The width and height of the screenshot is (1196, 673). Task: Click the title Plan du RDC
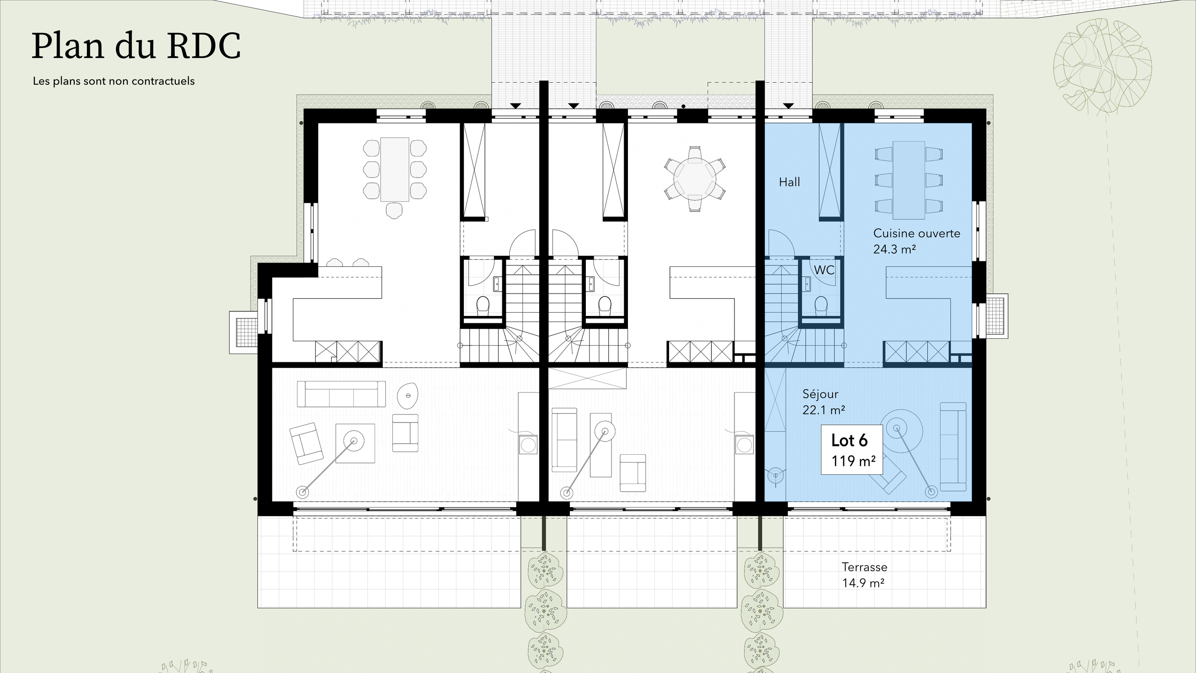(136, 47)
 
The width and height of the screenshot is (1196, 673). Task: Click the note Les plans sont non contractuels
(114, 81)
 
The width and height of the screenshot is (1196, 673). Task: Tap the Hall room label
(789, 182)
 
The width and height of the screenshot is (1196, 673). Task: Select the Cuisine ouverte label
(917, 233)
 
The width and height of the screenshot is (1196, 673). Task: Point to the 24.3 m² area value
(894, 250)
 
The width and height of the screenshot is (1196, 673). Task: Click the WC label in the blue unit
(824, 270)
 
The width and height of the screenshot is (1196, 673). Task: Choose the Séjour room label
(820, 394)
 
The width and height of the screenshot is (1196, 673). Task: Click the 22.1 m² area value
(823, 410)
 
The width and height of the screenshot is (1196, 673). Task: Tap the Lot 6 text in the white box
(849, 440)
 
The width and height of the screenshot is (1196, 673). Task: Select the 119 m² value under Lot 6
(853, 461)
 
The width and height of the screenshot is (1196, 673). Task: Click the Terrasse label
(864, 567)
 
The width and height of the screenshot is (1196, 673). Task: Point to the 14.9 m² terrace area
(863, 583)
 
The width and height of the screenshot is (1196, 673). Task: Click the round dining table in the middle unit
(695, 179)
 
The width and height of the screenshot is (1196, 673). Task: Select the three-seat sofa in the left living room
(341, 394)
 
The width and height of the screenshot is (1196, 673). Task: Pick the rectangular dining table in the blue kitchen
(909, 180)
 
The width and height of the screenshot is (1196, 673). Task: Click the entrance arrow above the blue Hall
(789, 106)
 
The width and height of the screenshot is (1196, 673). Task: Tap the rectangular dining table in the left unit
(395, 169)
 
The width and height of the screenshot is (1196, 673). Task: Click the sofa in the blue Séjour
(953, 446)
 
